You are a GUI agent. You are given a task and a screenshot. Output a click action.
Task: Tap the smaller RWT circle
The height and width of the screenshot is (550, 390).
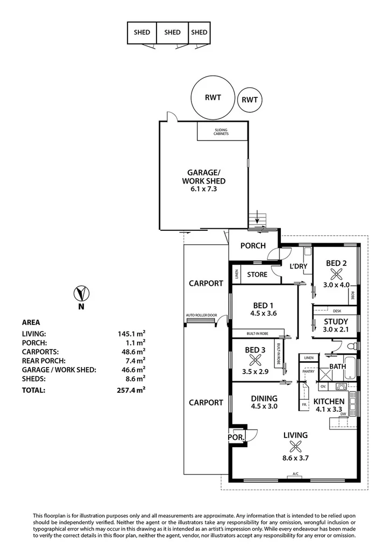coord(250,100)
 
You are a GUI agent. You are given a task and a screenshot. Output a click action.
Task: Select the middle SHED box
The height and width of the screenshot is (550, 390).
coord(172,32)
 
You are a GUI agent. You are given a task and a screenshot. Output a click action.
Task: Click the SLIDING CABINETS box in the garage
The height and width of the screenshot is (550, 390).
coord(222,131)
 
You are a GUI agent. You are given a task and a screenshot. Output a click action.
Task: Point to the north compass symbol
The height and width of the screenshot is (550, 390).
coord(81,294)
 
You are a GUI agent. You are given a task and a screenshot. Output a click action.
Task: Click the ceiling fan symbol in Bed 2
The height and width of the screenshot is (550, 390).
coord(337,273)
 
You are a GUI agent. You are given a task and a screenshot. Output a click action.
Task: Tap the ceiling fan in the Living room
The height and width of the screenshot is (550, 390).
coord(295,446)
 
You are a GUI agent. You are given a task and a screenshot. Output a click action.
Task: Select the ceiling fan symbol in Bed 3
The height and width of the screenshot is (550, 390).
coord(255,363)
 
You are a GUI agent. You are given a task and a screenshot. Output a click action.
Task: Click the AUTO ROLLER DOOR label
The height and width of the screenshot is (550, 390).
coord(201,315)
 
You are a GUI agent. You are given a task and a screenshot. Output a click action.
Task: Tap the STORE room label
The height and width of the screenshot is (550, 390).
coord(257,275)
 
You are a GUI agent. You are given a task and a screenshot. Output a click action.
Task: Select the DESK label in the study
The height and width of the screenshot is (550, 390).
coord(337,311)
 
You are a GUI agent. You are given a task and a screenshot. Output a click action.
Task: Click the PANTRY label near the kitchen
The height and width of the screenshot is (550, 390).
coord(308,371)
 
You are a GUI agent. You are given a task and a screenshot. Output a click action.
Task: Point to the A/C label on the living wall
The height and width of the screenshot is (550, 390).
coord(295,474)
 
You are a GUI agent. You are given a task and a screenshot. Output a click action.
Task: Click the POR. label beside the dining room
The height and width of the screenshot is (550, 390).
coord(236,438)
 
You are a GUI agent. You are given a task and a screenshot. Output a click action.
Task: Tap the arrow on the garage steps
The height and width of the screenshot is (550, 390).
coord(259,217)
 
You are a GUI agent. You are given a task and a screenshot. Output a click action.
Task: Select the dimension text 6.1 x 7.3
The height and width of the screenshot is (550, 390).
coord(203,189)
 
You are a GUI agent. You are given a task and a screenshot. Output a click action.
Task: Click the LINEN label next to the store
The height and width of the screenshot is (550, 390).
coord(236,275)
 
